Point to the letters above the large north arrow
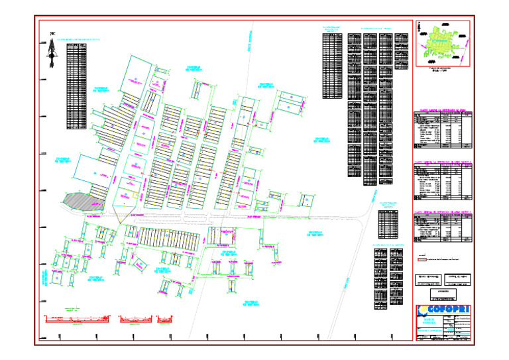tap(52, 33)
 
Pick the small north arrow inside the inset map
tap(420, 27)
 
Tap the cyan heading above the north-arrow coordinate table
tap(77, 40)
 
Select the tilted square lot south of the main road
tap(139, 263)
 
